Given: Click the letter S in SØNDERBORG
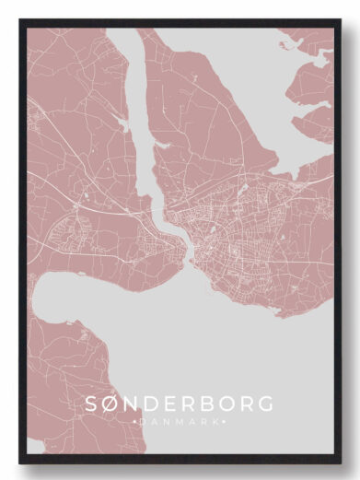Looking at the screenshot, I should click(92, 404).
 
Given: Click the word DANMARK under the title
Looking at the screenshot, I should click(180, 421).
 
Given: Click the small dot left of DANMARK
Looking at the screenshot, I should click(135, 421).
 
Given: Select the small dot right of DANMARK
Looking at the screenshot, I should click(224, 421).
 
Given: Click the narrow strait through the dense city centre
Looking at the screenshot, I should click(188, 249).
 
